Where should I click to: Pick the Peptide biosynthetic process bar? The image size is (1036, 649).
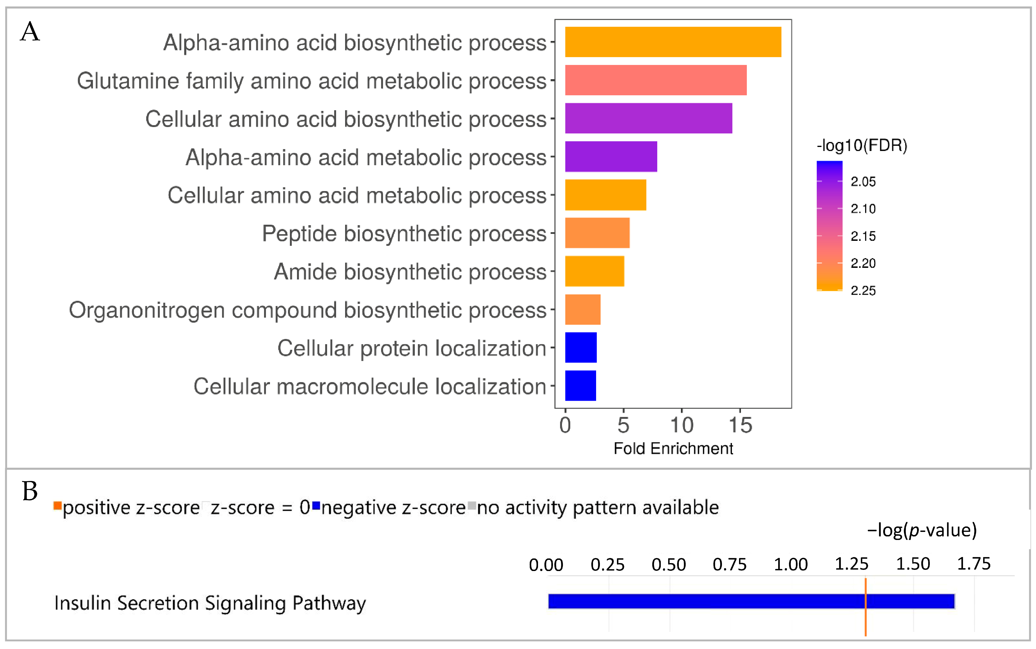[x=597, y=233]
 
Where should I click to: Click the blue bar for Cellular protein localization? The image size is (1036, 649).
[x=581, y=347]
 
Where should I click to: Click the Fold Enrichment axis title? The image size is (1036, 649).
[x=673, y=448]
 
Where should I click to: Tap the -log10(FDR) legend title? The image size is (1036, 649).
[x=862, y=146]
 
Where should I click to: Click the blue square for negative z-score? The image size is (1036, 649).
[x=316, y=506]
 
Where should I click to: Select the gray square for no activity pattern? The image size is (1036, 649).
[x=472, y=506]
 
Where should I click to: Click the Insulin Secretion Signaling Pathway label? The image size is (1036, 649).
[x=210, y=603]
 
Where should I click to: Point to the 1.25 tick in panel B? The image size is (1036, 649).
[x=851, y=564]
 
